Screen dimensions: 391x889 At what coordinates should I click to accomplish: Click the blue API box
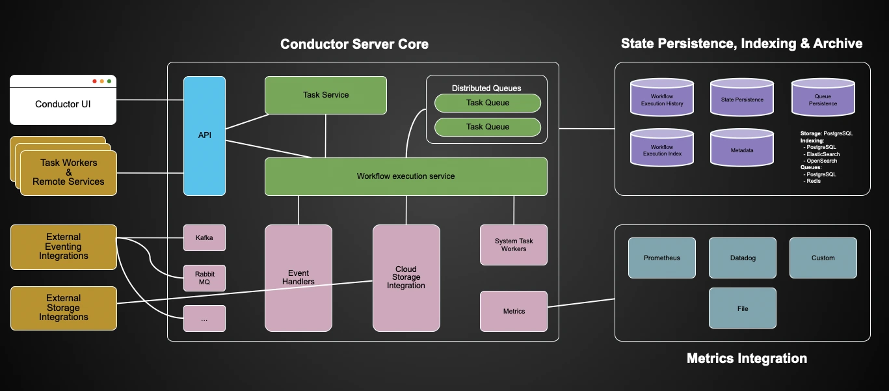coord(204,135)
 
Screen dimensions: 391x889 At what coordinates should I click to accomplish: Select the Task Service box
coord(325,95)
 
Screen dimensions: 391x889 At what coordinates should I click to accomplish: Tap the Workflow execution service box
coord(406,176)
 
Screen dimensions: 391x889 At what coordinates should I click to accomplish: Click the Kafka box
coord(204,237)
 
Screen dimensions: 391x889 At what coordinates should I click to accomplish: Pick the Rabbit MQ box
coord(204,278)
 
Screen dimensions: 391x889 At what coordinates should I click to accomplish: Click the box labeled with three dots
coord(204,319)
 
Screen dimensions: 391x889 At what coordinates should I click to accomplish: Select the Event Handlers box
coord(299,278)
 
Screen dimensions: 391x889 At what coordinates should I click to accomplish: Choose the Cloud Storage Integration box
coord(406,278)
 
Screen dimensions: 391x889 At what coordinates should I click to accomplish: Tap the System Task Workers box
coord(514,245)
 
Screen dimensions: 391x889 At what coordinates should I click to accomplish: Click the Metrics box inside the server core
coord(514,311)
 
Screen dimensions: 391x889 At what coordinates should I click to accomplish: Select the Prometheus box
coord(661,258)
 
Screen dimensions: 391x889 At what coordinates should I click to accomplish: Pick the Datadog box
coord(742,258)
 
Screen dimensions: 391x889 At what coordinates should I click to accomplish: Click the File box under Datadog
coord(742,308)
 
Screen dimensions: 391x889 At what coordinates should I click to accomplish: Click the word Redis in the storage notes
coord(814,181)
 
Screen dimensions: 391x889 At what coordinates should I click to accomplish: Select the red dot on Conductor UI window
coord(94,81)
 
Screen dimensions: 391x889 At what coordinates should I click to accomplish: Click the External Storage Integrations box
coord(64,308)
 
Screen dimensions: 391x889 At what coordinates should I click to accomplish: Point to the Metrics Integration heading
coord(747,358)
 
